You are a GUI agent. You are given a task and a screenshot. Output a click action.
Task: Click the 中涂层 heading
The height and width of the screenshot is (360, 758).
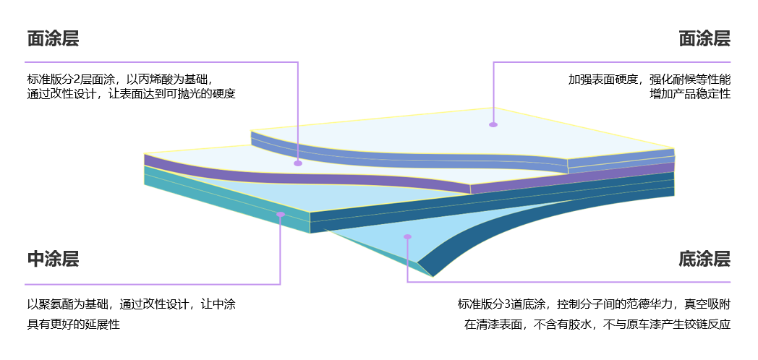tap(53, 259)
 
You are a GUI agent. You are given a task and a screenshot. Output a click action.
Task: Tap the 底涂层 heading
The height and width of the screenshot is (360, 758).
tap(704, 259)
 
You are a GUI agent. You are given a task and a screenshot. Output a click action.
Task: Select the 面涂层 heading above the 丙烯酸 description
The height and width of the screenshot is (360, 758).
tap(53, 38)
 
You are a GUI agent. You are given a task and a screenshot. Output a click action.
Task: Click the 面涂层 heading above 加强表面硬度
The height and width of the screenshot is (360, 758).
tap(704, 38)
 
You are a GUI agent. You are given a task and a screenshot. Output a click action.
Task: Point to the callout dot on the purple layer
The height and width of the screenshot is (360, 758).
tap(298, 163)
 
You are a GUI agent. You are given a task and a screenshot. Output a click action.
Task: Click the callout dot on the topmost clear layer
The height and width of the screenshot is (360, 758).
tap(493, 124)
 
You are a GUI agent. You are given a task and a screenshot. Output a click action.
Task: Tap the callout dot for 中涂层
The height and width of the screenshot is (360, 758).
tap(281, 214)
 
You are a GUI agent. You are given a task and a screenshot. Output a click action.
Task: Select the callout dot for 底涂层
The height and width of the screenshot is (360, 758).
tap(407, 237)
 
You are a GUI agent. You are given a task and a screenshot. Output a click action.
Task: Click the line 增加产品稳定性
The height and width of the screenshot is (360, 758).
tap(690, 94)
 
